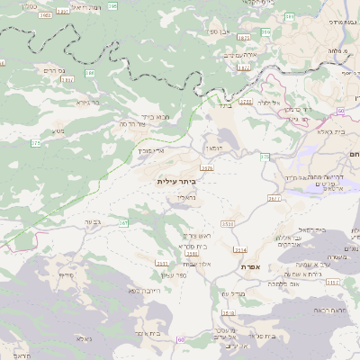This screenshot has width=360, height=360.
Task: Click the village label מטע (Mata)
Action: [58, 132]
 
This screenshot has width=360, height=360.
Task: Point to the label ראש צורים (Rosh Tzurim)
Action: [196, 235]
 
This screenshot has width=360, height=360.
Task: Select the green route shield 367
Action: [124, 222]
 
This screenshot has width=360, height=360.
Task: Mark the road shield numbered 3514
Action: [239, 249]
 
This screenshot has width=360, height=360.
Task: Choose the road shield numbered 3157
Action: [333, 282]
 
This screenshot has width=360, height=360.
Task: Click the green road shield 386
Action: [90, 73]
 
